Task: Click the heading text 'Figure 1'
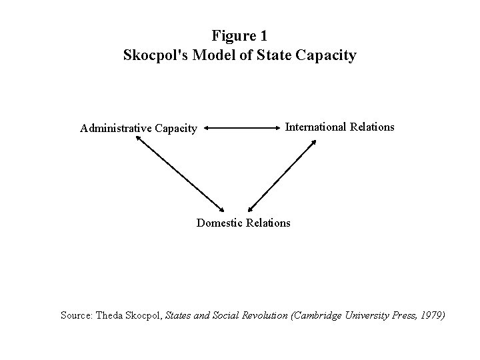coord(239,35)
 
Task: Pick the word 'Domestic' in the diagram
coord(220,223)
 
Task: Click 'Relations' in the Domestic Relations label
coord(269,223)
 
